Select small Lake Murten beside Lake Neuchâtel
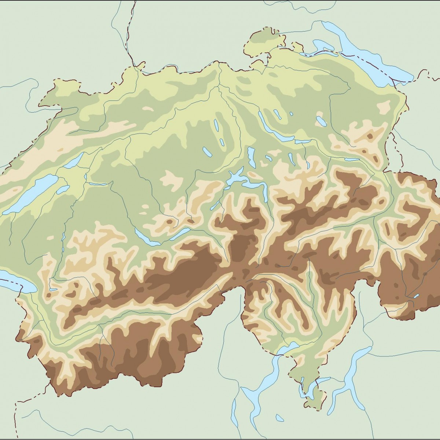pos(62,189)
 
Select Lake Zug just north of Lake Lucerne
pos(251,156)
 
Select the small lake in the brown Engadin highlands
pos(415,296)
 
